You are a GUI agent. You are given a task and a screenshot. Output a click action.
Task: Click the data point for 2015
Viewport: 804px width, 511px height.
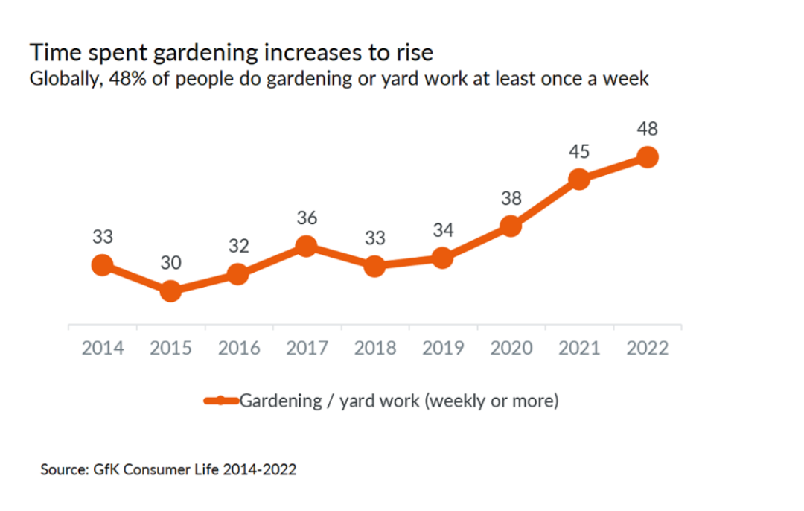[x=170, y=291]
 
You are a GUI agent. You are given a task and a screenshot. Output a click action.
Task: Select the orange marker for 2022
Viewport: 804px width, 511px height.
[x=647, y=157]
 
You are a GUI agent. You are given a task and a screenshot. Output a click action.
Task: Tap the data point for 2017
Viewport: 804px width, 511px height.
[x=305, y=247]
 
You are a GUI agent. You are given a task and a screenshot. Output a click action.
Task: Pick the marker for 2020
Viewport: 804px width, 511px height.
[x=510, y=226]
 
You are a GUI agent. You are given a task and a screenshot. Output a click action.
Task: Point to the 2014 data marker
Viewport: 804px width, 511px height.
[x=103, y=264]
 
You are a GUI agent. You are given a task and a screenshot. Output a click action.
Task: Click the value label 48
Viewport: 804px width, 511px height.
[x=648, y=129]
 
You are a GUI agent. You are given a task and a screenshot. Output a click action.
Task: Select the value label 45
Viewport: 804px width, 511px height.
[x=579, y=152]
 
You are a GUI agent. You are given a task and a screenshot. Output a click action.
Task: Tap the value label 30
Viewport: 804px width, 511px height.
[x=170, y=263]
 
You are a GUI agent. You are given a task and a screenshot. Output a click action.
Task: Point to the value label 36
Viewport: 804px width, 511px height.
[x=307, y=218]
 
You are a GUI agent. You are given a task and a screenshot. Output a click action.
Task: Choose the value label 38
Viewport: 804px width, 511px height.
[x=511, y=199]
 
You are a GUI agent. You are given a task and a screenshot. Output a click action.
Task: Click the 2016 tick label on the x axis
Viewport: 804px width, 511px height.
[x=239, y=348]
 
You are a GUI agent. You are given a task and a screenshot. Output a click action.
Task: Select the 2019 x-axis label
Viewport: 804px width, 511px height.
[x=443, y=348]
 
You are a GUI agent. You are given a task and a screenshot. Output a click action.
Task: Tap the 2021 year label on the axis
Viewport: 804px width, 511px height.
[x=579, y=348]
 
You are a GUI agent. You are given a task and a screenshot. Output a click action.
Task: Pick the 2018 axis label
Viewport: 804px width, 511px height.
[x=375, y=348]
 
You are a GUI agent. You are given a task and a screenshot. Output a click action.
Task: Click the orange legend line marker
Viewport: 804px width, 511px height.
[x=221, y=401]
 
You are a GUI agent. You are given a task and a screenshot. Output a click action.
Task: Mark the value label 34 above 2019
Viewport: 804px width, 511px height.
[x=443, y=230]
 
